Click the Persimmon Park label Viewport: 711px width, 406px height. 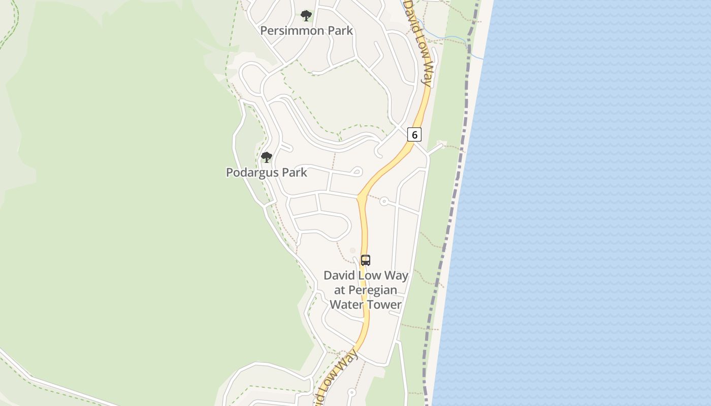(306, 30)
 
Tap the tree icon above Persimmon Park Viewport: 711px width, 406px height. (306, 16)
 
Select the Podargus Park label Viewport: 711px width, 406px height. (266, 173)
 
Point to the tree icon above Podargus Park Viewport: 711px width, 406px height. (267, 157)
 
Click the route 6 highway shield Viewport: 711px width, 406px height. (414, 134)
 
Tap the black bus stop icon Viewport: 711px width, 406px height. (366, 260)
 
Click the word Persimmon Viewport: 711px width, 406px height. (292, 30)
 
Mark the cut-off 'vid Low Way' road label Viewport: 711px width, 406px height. (337, 376)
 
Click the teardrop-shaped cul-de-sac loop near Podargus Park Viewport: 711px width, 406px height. (357, 172)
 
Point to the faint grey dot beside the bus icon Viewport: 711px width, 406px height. (352, 250)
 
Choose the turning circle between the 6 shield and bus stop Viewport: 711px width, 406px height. (384, 201)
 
